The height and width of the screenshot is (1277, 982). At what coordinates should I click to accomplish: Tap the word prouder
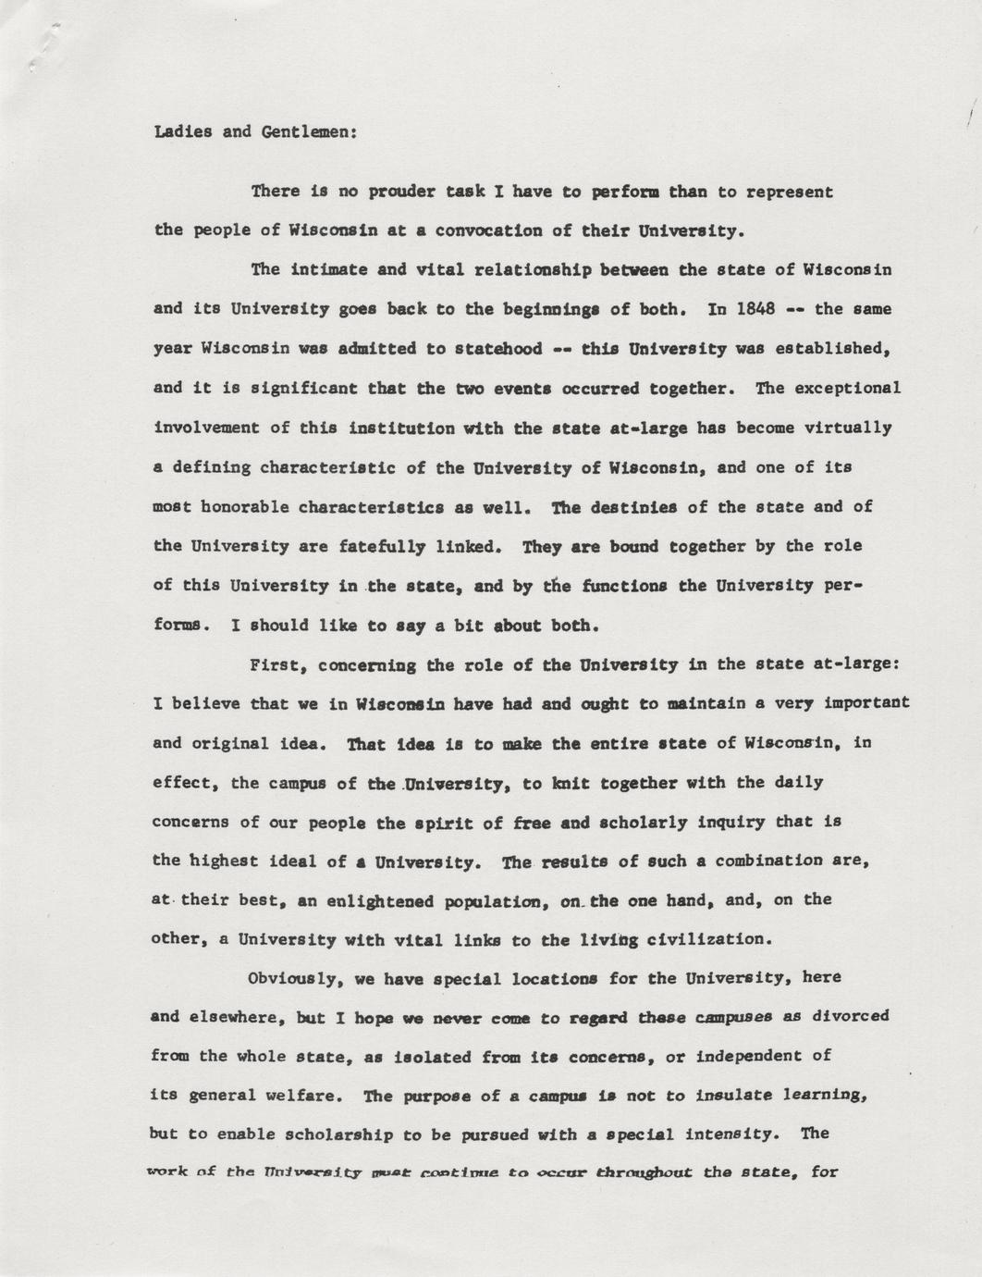click(402, 192)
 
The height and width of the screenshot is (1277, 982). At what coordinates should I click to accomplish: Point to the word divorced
click(850, 1016)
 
